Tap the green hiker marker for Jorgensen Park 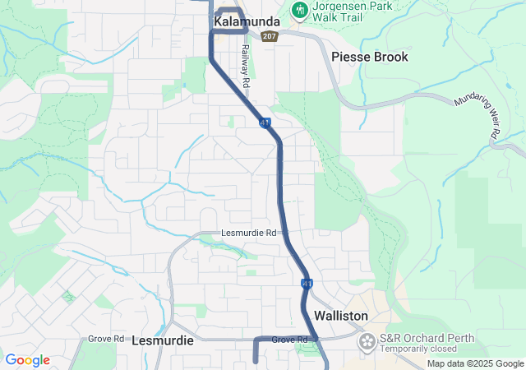(x=299, y=10)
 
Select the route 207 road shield (x=270, y=37)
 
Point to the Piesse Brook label (x=369, y=57)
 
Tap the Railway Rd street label (x=245, y=61)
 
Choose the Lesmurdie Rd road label (x=249, y=233)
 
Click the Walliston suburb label (x=340, y=316)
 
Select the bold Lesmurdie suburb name (x=162, y=340)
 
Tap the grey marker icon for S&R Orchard (x=367, y=340)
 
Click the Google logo (x=27, y=360)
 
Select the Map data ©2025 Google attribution (x=475, y=364)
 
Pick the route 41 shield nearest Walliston (x=307, y=284)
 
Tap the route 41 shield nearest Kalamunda (x=265, y=123)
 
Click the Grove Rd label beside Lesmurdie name (x=106, y=339)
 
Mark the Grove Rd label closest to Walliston (x=288, y=340)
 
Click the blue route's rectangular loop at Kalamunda (x=229, y=21)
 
